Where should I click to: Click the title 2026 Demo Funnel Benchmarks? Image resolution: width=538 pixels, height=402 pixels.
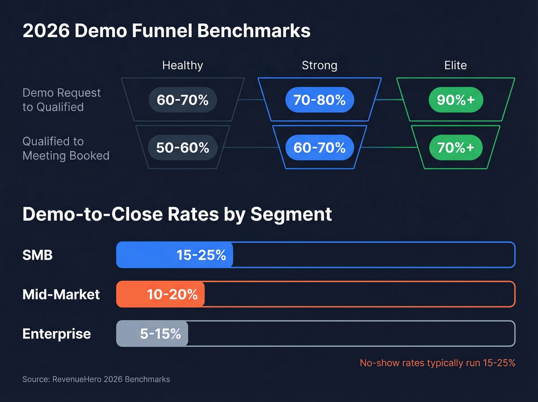point(166,31)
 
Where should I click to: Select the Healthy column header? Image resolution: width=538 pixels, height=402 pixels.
point(183,65)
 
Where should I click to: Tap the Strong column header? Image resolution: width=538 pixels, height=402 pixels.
point(319,65)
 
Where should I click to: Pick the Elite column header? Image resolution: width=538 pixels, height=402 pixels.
point(455,65)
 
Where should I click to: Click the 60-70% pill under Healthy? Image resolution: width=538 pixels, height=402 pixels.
point(183,100)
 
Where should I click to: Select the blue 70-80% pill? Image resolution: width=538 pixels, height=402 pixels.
point(319,100)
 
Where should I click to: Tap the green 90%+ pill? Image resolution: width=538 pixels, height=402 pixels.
point(456,100)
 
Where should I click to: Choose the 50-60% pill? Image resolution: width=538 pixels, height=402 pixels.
point(183,148)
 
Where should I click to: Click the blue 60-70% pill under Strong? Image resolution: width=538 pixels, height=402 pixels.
point(319,148)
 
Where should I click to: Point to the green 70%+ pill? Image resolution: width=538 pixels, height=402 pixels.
point(456,148)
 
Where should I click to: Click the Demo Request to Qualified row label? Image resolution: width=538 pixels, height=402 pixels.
point(61,100)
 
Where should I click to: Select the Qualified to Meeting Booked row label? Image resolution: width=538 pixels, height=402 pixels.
point(66,148)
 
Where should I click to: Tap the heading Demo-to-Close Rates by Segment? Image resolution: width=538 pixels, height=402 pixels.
point(177,214)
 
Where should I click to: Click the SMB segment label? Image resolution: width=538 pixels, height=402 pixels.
point(37,255)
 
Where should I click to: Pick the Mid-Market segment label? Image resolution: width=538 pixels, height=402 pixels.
point(61,294)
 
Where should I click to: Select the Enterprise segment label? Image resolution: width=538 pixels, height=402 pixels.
point(56,334)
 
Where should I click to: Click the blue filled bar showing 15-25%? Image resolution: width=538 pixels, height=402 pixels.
point(175,255)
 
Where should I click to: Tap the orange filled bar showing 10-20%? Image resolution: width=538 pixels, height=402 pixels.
point(161,294)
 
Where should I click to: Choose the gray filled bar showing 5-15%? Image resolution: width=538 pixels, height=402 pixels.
point(152,334)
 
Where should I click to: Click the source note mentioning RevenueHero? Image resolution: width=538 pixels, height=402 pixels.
point(96,379)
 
